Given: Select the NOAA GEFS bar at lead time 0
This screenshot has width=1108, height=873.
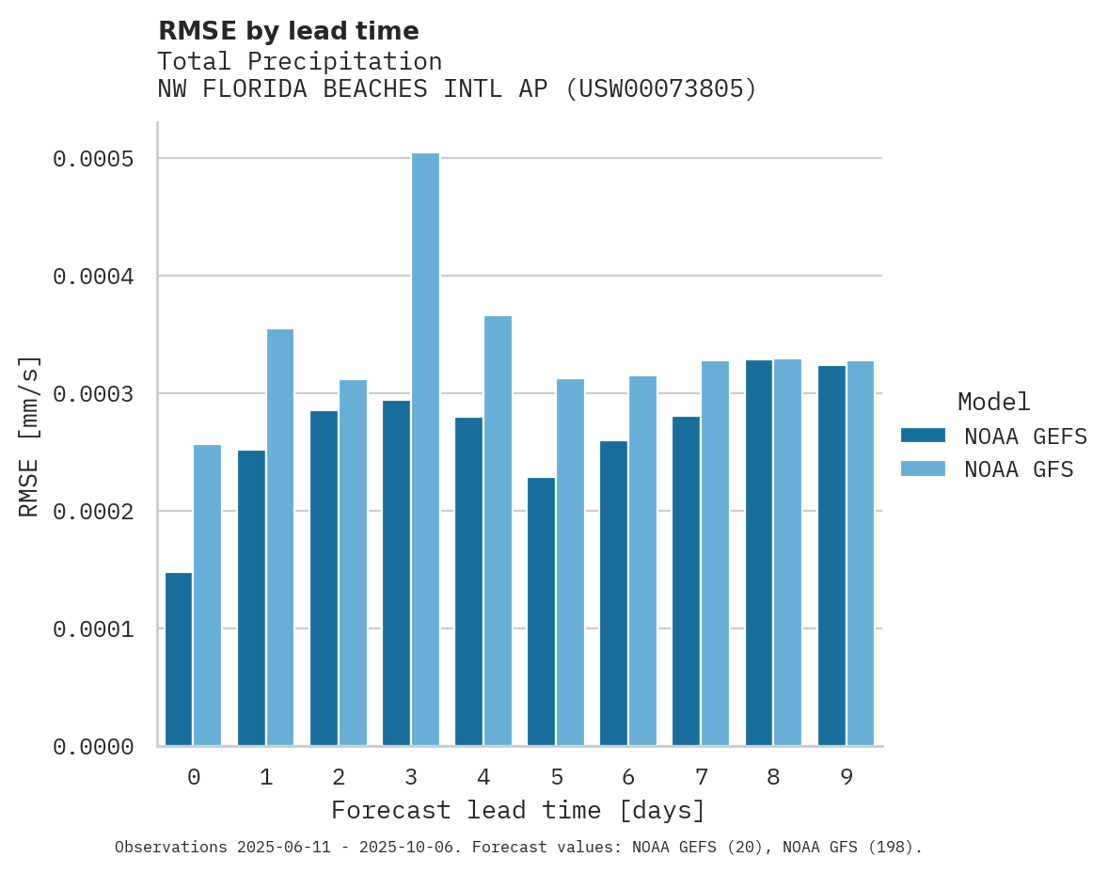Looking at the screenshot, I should [179, 659].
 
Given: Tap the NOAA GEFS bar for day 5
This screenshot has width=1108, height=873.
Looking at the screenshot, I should [541, 611].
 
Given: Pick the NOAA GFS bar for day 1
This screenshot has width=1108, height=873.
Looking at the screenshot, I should [280, 537].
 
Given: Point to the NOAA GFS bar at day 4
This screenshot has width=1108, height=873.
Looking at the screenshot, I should [498, 531].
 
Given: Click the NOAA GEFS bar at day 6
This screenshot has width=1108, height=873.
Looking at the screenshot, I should [613, 593].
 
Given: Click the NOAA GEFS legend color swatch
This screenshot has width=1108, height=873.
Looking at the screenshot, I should [923, 436].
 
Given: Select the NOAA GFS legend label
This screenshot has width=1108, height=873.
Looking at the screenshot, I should [1019, 468].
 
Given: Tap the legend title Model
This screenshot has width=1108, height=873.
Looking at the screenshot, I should [993, 402].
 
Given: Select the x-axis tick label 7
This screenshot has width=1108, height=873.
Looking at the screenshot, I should [701, 777].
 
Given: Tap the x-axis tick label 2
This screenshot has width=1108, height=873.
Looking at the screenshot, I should [339, 777].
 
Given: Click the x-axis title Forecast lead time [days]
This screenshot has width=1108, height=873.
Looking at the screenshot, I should [518, 810].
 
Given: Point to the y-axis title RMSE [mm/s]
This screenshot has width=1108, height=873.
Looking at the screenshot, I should [29, 436].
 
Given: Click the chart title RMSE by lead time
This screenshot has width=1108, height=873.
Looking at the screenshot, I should [288, 31].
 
